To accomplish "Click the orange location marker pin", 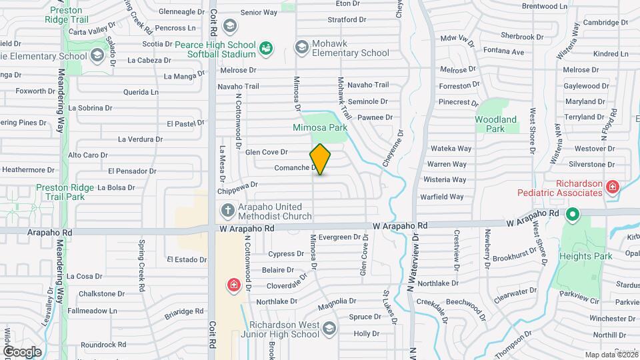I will (x=320, y=159).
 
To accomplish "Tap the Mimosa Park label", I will (x=320, y=127).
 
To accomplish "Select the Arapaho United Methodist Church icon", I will (x=227, y=211).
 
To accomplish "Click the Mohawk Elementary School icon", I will (x=302, y=47).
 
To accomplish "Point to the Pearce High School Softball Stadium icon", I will (x=265, y=47).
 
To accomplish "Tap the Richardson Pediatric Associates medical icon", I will (x=612, y=188).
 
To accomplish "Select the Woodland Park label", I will (x=495, y=124).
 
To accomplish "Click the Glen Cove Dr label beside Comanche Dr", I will (x=266, y=152).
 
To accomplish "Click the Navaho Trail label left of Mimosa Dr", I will (x=238, y=87).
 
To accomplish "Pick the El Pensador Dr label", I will (x=131, y=171).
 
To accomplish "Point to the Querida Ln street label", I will (x=141, y=92).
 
